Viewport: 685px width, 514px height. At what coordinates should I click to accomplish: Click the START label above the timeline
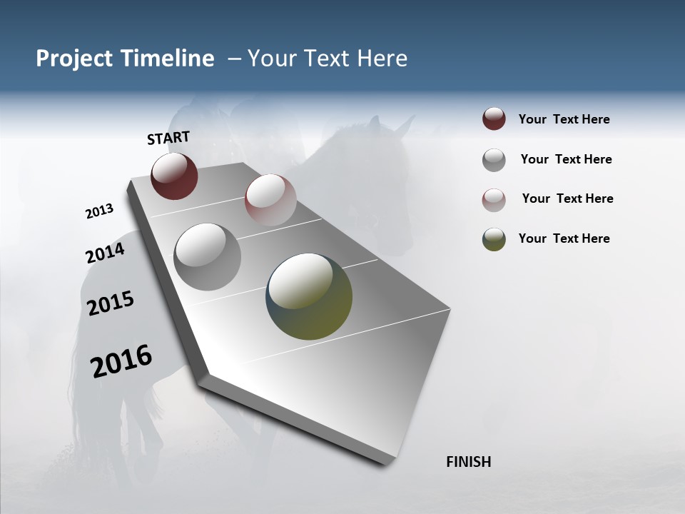(168, 138)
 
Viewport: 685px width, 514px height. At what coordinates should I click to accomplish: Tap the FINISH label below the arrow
(468, 462)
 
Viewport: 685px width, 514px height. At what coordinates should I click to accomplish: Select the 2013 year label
(100, 211)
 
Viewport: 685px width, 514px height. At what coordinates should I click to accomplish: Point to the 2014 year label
(105, 253)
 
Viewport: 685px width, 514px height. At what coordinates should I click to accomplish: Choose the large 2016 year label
(121, 361)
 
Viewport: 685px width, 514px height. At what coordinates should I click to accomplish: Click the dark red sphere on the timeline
(174, 176)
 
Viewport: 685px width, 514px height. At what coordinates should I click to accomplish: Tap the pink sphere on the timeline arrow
(270, 200)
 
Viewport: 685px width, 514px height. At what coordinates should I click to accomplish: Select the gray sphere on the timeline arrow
(207, 256)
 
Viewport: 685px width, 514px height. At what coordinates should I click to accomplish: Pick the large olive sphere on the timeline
(309, 296)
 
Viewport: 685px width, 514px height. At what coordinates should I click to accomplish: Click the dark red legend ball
(494, 119)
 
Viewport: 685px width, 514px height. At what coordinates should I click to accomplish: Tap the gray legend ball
(494, 160)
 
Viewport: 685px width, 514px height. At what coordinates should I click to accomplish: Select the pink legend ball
(494, 199)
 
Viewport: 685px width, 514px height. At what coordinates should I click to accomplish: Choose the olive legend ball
(494, 239)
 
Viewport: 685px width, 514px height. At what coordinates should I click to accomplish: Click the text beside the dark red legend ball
(564, 119)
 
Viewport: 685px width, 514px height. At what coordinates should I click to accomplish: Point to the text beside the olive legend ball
(564, 238)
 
